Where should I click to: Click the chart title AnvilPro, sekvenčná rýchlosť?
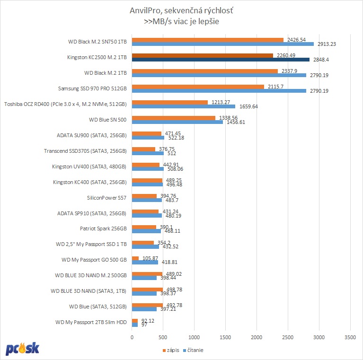pyautogui.click(x=181, y=10)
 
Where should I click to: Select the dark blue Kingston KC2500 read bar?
pyautogui.click(x=221, y=60)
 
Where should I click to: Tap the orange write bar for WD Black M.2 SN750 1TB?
pyautogui.click(x=207, y=40)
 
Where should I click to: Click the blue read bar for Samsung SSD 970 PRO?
pyautogui.click(x=219, y=91)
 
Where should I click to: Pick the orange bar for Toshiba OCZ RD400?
pyautogui.click(x=169, y=102)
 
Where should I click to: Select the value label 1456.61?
pyautogui.click(x=235, y=122)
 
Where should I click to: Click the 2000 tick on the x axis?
pyautogui.click(x=257, y=337)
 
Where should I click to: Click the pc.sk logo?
pyautogui.click(x=22, y=349)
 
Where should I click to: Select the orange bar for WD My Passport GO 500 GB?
pyautogui.click(x=135, y=258)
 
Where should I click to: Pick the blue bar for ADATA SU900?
pyautogui.click(x=148, y=138)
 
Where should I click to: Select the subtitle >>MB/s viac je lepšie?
pyautogui.click(x=181, y=21)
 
